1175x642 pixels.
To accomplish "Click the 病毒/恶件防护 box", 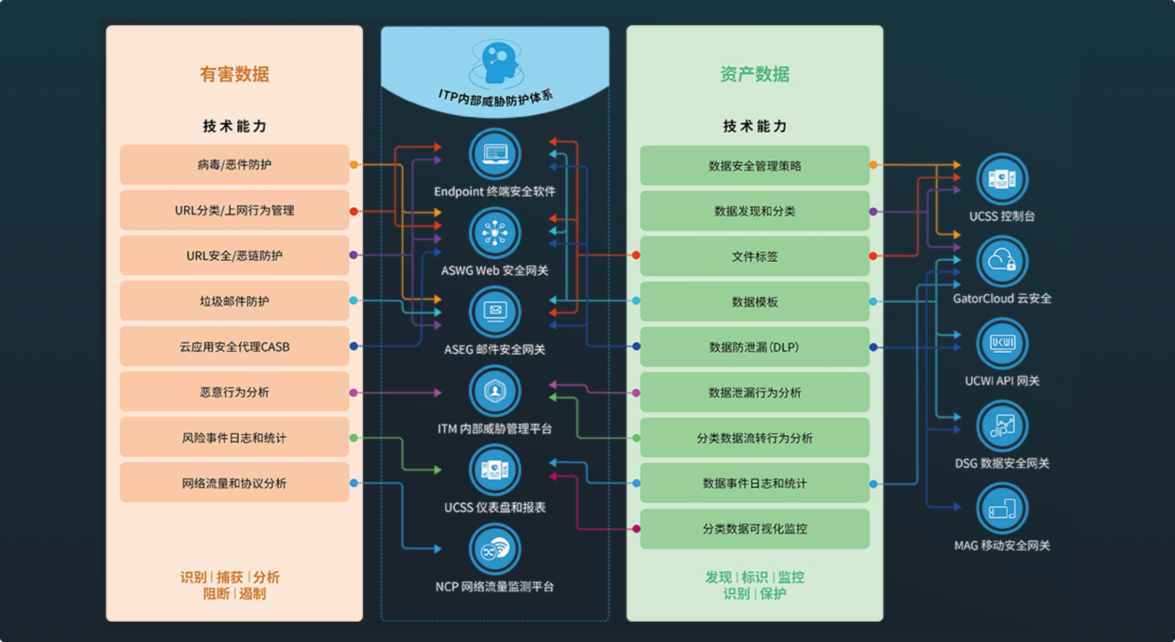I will point(234,165).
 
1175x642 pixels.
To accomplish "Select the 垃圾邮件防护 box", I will point(234,301).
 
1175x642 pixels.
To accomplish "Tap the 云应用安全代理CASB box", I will point(234,346).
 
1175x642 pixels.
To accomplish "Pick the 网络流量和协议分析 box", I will point(234,483).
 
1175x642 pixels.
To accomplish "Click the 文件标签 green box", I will point(754,256).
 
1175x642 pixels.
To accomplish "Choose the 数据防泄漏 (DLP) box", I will point(754,347).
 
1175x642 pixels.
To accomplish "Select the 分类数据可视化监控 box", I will point(754,529).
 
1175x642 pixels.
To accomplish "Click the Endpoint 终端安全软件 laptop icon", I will point(495,154).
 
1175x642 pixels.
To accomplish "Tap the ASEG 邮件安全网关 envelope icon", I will point(495,312).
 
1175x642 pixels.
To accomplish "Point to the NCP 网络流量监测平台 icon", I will point(495,549).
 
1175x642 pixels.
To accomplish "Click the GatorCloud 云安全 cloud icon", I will point(1002,261).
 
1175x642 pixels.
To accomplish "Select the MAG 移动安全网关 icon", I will point(1002,509).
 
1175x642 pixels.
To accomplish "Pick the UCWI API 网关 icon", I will point(1002,343).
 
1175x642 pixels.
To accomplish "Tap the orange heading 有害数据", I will point(234,74).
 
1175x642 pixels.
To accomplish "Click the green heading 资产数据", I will point(754,74).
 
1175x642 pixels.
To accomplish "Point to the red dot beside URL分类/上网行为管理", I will point(354,211).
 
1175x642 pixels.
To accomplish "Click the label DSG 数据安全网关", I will point(1002,463).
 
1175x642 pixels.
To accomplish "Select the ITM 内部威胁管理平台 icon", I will point(495,391).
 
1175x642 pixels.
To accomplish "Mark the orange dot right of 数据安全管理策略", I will point(873,165).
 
